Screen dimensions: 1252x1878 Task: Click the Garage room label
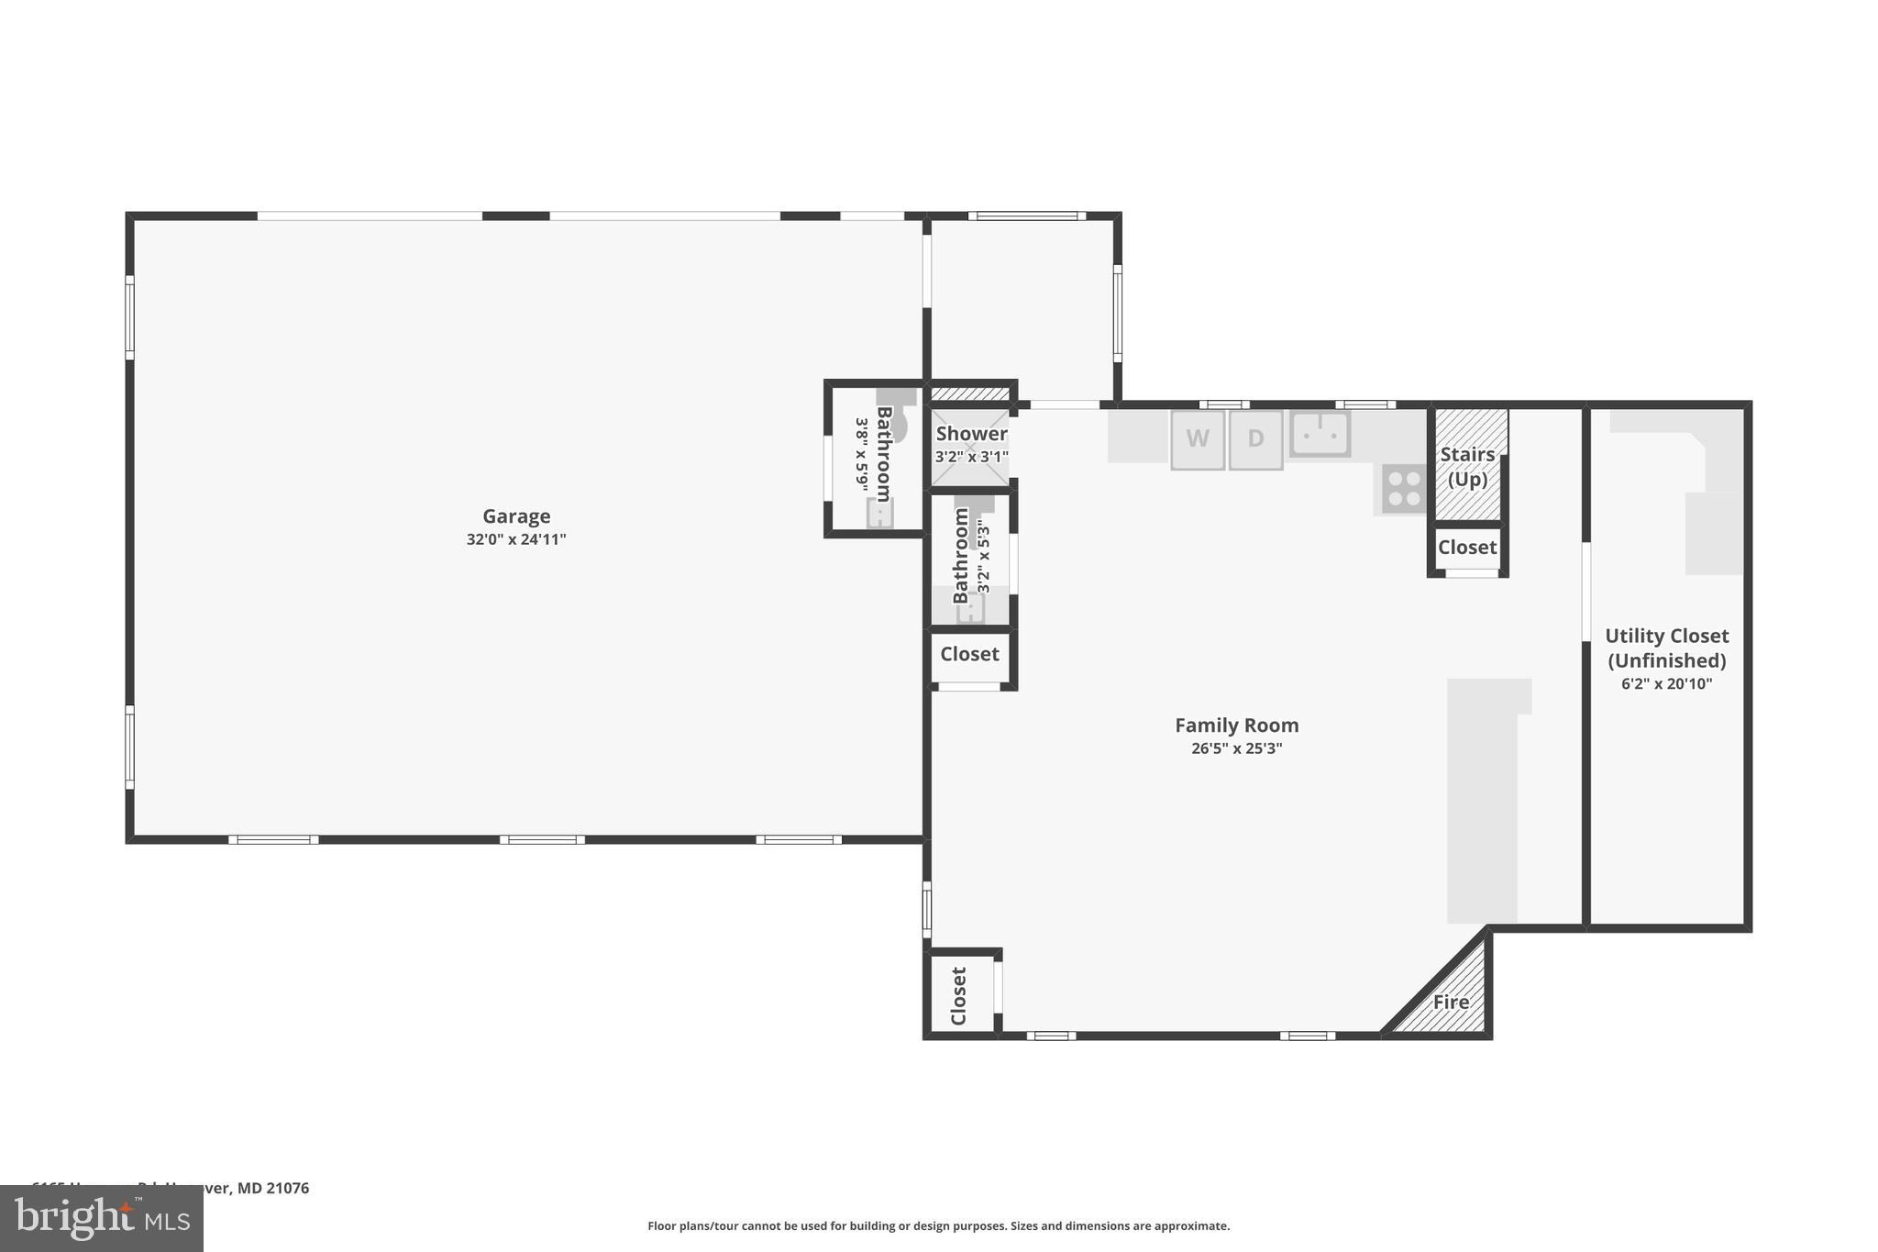[x=516, y=516]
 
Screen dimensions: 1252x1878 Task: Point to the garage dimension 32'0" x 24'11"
[x=516, y=539]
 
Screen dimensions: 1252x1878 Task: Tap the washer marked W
[x=1197, y=439]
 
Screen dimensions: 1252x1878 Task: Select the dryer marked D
[x=1255, y=439]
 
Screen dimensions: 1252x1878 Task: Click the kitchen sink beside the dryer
[x=1320, y=434]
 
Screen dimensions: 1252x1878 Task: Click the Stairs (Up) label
[x=1467, y=467]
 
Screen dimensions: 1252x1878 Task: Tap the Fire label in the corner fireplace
[x=1451, y=1003]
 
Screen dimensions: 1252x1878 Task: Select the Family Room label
[x=1236, y=726]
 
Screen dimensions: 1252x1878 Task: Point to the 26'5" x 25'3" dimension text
[x=1236, y=748]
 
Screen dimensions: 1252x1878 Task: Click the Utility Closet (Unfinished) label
[x=1666, y=648]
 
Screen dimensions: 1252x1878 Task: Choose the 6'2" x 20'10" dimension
[x=1666, y=684]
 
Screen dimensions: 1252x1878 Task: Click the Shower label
[x=971, y=434]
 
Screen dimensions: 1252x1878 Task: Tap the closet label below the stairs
[x=1467, y=548]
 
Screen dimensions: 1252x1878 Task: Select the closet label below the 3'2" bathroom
[x=969, y=654]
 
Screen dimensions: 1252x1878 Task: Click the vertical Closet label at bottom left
[x=959, y=996]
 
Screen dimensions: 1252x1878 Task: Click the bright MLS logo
[x=101, y=1219]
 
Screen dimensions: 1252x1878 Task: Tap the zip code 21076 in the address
[x=288, y=1188]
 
